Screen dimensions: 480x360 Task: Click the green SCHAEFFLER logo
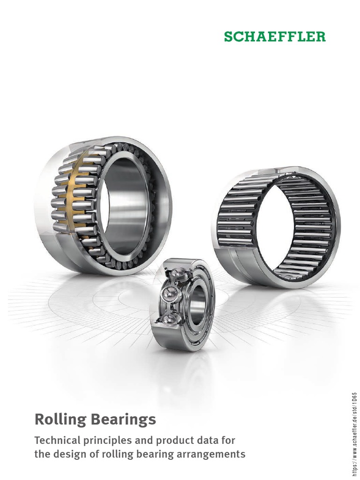pos(274,37)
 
